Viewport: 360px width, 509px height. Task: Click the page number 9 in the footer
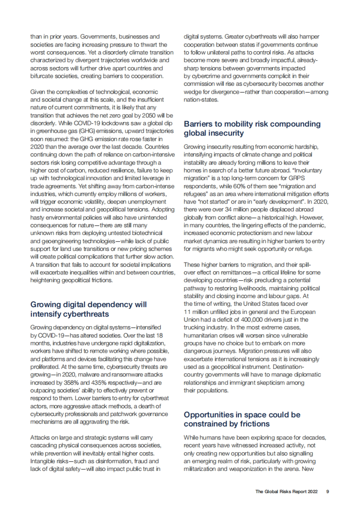click(x=328, y=492)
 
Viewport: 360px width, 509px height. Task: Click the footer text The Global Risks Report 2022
click(x=286, y=492)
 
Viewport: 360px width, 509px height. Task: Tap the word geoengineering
click(x=57, y=241)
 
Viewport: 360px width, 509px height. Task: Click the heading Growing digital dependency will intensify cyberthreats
click(x=88, y=309)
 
